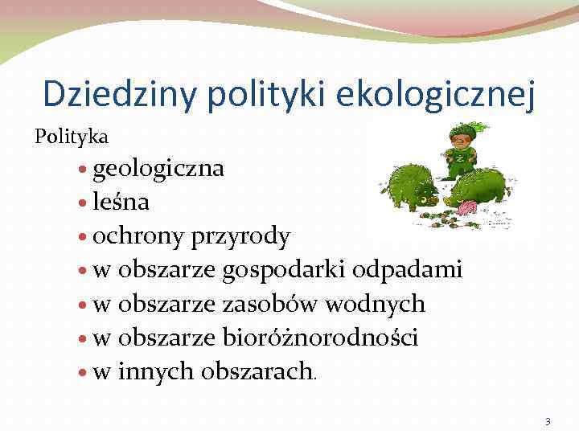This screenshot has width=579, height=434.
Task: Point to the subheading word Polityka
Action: tap(72, 137)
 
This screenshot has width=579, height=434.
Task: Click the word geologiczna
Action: tap(158, 170)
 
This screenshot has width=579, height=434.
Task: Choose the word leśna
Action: tap(121, 203)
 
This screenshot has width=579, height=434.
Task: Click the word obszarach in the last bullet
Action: tap(257, 371)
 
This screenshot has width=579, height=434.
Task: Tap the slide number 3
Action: tap(548, 422)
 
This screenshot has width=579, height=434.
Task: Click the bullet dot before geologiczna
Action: tap(85, 170)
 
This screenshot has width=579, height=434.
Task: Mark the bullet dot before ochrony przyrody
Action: tap(85, 237)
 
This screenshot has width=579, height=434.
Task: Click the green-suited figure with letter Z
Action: tap(462, 149)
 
